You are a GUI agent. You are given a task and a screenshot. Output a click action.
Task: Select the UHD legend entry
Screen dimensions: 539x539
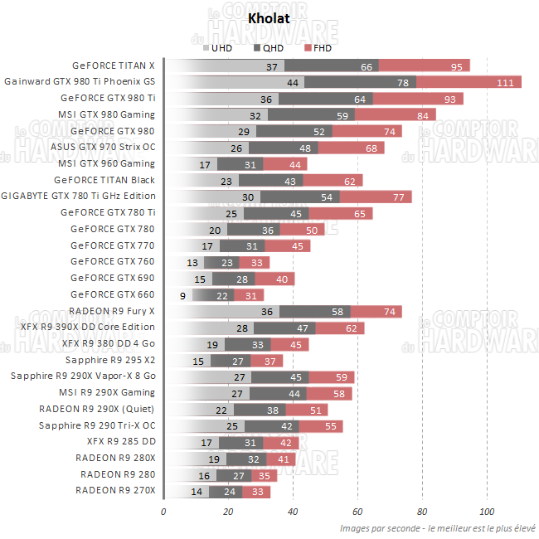pyautogui.click(x=217, y=48)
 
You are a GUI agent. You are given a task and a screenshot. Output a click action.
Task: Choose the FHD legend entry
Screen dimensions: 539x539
pyautogui.click(x=318, y=48)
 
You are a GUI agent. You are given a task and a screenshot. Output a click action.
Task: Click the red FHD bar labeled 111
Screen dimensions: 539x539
pyautogui.click(x=469, y=82)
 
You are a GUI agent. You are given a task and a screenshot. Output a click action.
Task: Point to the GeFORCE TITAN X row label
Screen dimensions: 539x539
pyautogui.click(x=114, y=66)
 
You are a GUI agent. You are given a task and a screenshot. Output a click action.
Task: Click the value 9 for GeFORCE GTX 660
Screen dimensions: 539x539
pyautogui.click(x=182, y=294)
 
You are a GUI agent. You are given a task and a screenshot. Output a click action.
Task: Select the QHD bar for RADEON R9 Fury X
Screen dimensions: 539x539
pyautogui.click(x=314, y=311)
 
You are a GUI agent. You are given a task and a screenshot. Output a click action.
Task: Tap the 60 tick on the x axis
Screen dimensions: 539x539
pyautogui.click(x=357, y=511)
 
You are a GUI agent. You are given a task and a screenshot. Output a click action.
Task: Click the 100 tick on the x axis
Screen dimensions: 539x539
pyautogui.click(x=487, y=511)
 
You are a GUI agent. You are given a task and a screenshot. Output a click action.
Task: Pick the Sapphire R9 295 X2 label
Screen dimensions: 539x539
pyautogui.click(x=110, y=360)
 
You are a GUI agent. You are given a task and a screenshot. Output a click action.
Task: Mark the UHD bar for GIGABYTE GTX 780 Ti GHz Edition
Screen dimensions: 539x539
pyautogui.click(x=212, y=197)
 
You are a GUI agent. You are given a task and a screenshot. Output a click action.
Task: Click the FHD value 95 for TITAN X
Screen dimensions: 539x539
pyautogui.click(x=457, y=66)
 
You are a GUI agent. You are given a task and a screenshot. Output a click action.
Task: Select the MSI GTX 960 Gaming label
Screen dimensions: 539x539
pyautogui.click(x=106, y=163)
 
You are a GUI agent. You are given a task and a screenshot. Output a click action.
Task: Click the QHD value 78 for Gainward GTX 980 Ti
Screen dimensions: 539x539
pyautogui.click(x=403, y=82)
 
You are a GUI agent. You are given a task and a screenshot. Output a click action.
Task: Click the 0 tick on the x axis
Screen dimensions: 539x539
pyautogui.click(x=163, y=511)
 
